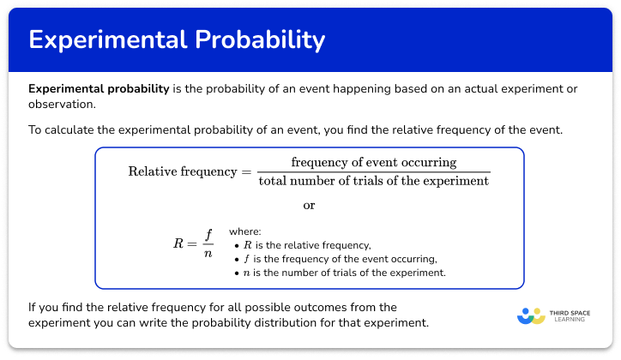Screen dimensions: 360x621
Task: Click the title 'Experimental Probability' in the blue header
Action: pyautogui.click(x=177, y=39)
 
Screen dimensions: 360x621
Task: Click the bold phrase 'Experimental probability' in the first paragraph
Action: pyautogui.click(x=98, y=89)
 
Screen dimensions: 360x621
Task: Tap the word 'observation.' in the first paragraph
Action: pyautogui.click(x=62, y=105)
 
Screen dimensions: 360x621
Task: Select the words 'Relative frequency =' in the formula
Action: pyautogui.click(x=190, y=171)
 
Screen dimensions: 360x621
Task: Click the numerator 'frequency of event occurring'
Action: pyautogui.click(x=374, y=162)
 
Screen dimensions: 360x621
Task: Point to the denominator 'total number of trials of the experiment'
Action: pyautogui.click(x=374, y=181)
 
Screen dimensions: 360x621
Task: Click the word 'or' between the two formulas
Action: pyautogui.click(x=310, y=206)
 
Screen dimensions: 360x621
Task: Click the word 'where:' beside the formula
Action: pyautogui.click(x=245, y=231)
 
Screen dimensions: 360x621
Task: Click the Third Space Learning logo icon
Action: pyautogui.click(x=531, y=315)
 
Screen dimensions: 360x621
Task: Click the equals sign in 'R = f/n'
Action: pyautogui.click(x=193, y=243)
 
